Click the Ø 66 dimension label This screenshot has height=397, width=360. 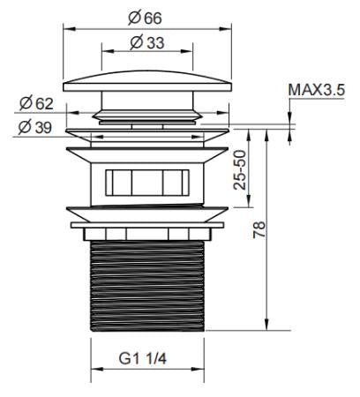pos(145,18)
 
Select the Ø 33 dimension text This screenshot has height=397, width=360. pos(147,42)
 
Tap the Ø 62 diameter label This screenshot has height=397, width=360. pos(37,103)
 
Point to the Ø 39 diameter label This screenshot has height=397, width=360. pos(35,127)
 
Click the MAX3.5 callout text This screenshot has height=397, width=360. pos(317,90)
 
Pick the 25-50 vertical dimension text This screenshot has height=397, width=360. pos(239,169)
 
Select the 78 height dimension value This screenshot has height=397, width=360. pos(259,230)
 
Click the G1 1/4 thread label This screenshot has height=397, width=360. pos(143,358)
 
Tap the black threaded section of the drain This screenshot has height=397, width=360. pos(147,286)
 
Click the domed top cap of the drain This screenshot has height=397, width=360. pos(147,81)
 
